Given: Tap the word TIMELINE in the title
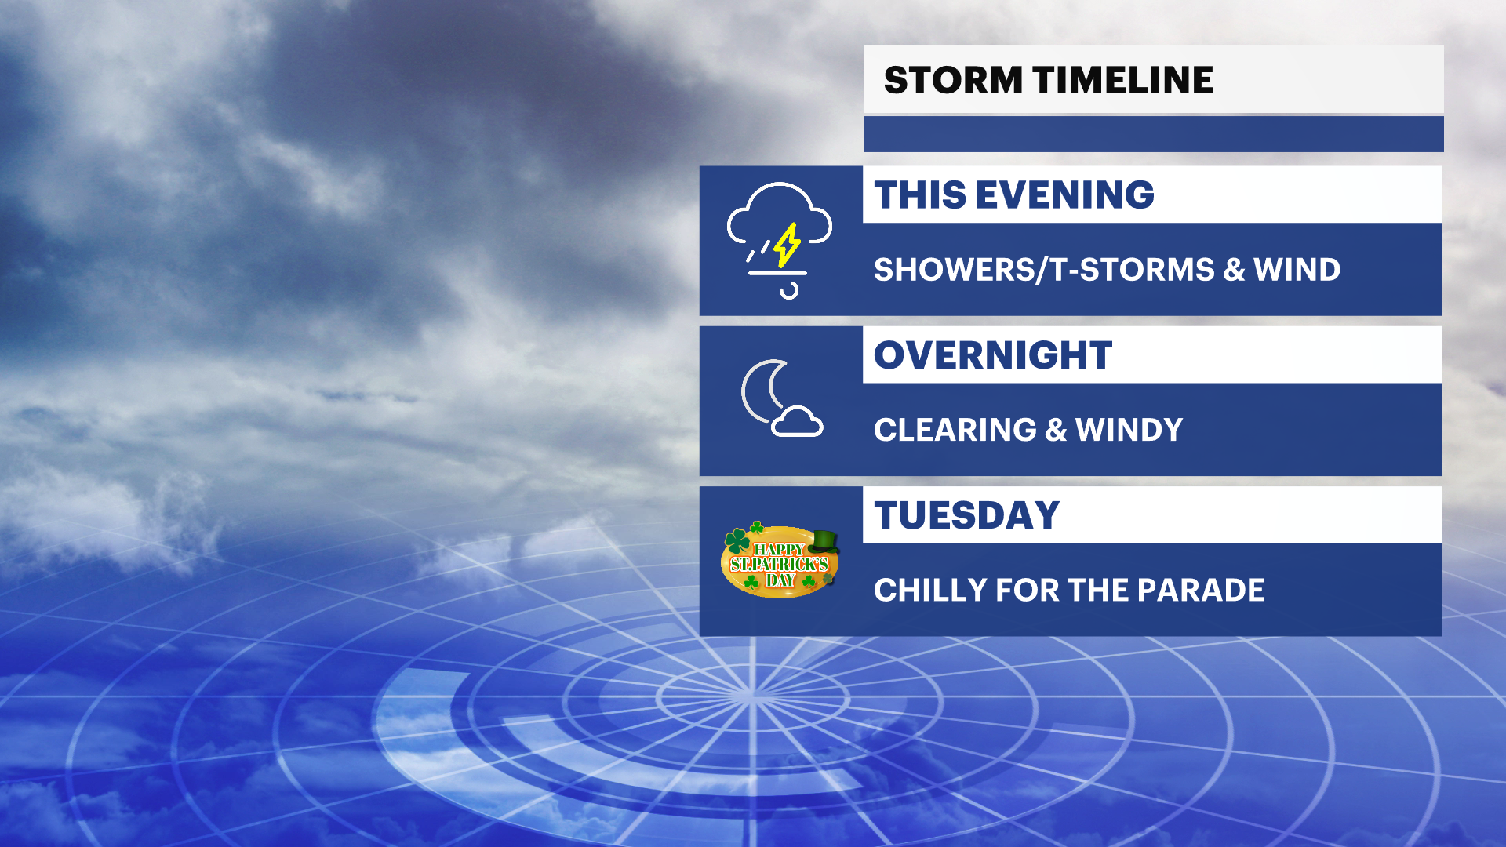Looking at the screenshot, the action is click(x=1123, y=80).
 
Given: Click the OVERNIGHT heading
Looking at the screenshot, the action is click(x=993, y=355).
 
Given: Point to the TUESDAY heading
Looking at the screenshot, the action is click(x=967, y=515).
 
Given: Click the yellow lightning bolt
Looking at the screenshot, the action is click(x=787, y=245).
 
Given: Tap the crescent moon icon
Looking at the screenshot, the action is click(x=762, y=392).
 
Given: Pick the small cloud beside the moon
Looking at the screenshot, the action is click(x=797, y=422).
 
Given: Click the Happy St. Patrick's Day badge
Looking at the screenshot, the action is click(x=780, y=562).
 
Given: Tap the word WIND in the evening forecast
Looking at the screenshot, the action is click(x=1297, y=270).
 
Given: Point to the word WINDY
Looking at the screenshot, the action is click(x=1129, y=430).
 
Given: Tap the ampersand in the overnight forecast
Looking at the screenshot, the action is click(x=1056, y=430).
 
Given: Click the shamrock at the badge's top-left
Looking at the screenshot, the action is click(x=736, y=540).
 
